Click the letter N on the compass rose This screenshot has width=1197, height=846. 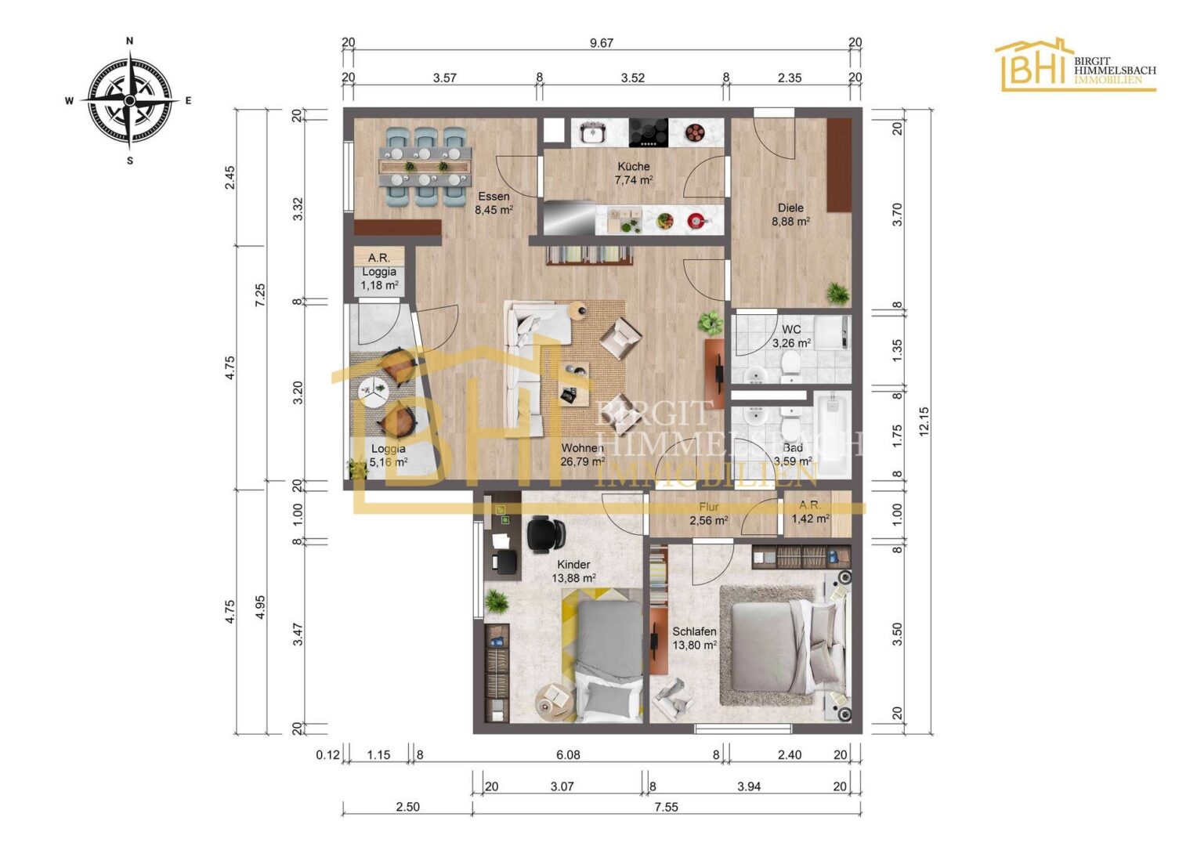(129, 41)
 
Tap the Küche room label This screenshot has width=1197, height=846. (634, 166)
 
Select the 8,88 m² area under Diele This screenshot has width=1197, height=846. (790, 221)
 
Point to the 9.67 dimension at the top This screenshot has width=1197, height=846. (601, 43)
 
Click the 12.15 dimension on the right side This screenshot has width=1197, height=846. (924, 421)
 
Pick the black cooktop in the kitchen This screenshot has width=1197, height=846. (648, 132)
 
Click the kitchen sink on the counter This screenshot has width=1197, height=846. (592, 132)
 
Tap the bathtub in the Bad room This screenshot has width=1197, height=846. (832, 434)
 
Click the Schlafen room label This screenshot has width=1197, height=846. (694, 631)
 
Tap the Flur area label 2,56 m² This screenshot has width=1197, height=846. (709, 520)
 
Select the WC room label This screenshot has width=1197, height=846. (791, 330)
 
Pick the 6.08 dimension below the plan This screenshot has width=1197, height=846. (567, 754)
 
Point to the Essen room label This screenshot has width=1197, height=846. (494, 196)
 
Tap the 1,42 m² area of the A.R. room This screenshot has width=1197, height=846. (811, 518)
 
